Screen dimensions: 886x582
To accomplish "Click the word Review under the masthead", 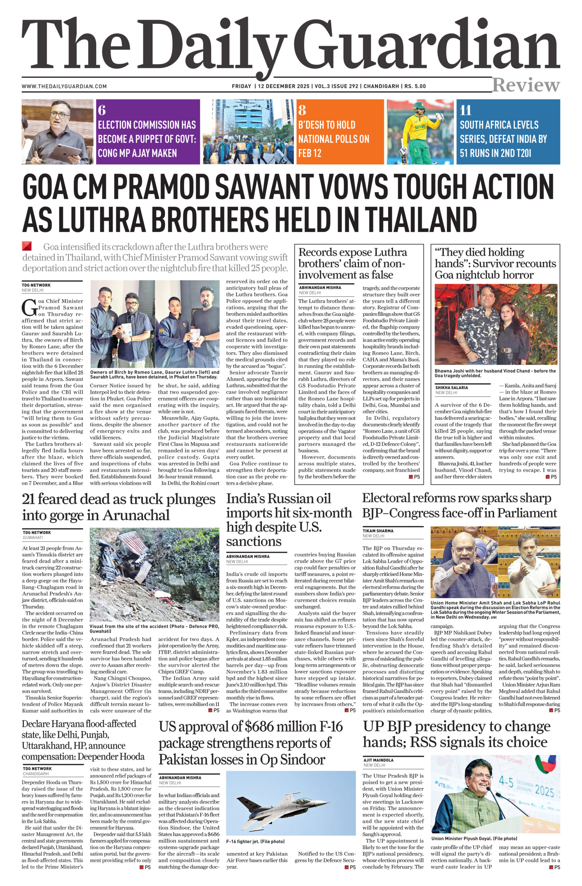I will coord(526,85).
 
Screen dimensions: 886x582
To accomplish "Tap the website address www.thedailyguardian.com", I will coord(64,87).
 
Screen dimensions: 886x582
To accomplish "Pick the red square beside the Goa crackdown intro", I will coord(27,246).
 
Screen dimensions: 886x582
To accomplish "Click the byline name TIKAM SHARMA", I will coord(378,531).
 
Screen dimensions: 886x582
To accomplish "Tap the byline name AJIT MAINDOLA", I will coord(378,760).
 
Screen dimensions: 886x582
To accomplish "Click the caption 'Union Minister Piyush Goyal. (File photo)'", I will coord(474,839).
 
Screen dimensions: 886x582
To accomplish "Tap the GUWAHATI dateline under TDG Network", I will coord(33,537).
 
